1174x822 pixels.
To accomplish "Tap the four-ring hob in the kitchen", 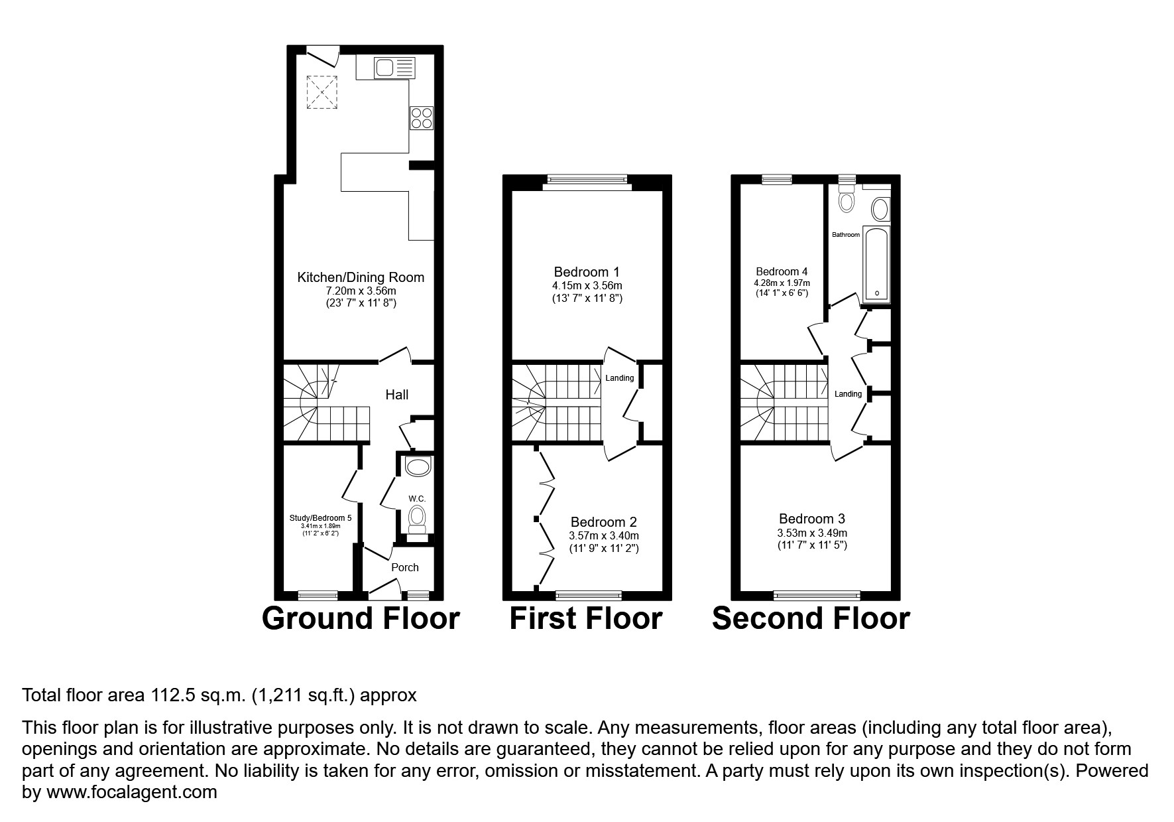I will point(422,118).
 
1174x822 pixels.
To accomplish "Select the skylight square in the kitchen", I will point(322,92).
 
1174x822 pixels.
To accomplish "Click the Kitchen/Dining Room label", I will point(361,277).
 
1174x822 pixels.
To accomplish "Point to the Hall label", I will point(396,395).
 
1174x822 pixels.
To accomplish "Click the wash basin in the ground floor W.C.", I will point(418,467).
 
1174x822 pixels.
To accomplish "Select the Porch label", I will point(404,567).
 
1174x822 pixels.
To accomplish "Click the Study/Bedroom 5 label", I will point(321,518).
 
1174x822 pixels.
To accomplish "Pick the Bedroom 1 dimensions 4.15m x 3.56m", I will point(587,285).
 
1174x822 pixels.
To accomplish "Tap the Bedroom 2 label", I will point(603,522).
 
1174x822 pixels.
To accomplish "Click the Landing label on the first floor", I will point(620,378).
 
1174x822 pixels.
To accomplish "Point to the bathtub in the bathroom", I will point(876,263).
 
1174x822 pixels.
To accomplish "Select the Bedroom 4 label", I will point(782,271).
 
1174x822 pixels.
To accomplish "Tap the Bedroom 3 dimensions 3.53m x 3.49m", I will point(812,533).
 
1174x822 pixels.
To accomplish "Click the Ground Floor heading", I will point(361,618).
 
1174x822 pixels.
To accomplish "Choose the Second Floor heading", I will point(810,618).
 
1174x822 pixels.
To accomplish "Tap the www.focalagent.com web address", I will point(130,792).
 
